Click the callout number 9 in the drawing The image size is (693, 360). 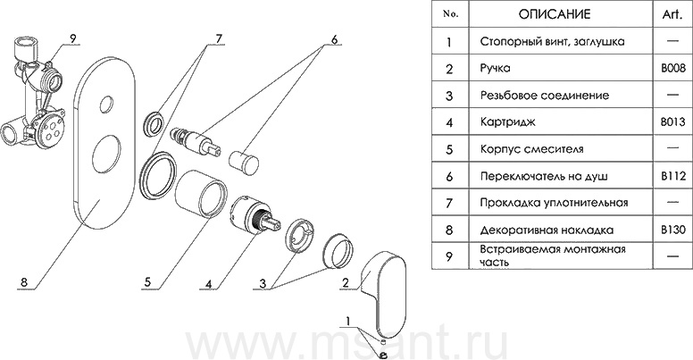[x=74, y=38]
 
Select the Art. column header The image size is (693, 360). [x=672, y=15]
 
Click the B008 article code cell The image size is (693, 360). [x=672, y=67]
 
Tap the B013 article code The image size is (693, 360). [x=672, y=121]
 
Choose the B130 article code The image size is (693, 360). [x=672, y=229]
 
